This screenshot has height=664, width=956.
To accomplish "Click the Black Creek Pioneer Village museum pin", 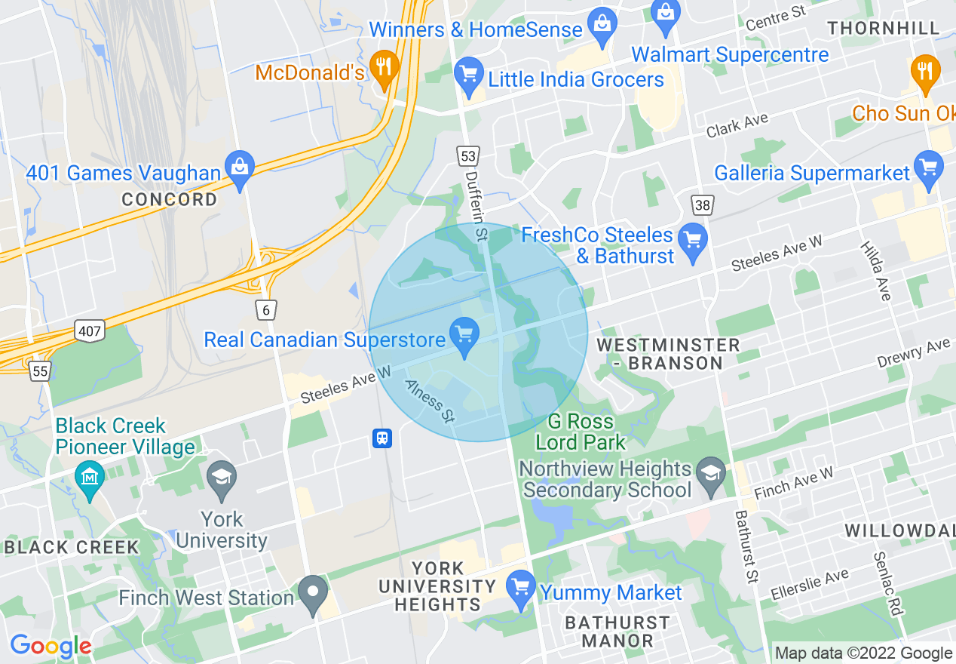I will click(x=90, y=478).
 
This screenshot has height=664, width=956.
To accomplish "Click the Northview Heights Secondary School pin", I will click(x=710, y=474).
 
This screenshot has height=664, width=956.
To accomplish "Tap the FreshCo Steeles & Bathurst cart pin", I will click(x=691, y=241).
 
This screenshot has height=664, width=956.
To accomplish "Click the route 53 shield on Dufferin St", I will click(x=467, y=156).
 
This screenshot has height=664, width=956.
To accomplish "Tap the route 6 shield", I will click(x=265, y=309).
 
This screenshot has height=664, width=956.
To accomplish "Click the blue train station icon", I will click(x=382, y=438).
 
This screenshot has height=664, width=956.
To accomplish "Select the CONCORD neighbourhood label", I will click(x=170, y=200).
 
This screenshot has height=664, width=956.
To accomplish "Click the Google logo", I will click(x=51, y=647).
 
